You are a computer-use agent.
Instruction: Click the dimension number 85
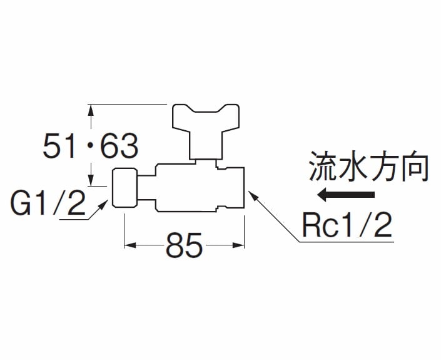click(185, 245)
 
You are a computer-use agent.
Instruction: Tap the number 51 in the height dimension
click(58, 148)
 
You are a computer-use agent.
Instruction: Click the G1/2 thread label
click(48, 205)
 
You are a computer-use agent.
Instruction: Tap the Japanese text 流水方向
click(368, 167)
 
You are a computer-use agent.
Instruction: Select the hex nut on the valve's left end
click(124, 188)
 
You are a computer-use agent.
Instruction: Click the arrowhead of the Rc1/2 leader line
click(253, 195)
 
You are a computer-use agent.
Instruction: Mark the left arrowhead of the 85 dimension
click(129, 245)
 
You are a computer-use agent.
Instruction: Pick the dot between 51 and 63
click(88, 147)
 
